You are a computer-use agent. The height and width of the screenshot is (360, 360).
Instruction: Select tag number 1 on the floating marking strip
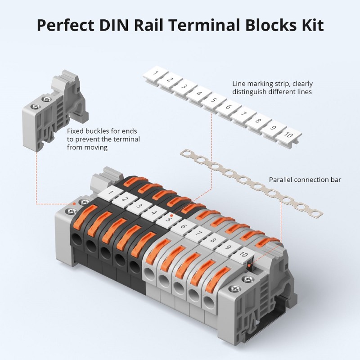point(155,72)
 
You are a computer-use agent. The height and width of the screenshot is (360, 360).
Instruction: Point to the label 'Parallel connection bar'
point(305,180)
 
